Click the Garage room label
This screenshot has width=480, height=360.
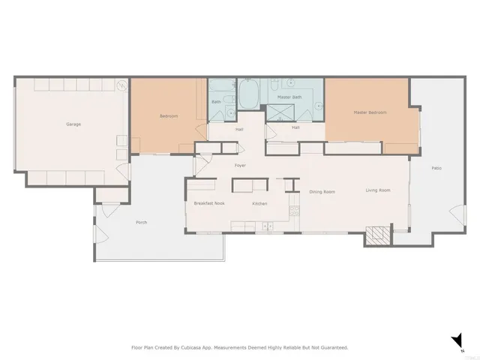click(73, 124)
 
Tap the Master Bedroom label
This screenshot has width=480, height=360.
click(370, 112)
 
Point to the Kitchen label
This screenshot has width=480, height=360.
click(259, 203)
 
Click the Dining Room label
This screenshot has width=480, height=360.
click(322, 191)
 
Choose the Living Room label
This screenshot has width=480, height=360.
click(377, 190)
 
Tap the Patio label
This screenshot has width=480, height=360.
click(436, 168)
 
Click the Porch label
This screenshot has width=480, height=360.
click(141, 223)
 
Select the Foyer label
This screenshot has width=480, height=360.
click(240, 165)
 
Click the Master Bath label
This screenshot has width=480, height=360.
click(289, 97)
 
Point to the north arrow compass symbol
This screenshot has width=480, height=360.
click(457, 342)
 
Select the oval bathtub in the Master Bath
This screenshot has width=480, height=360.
click(250, 96)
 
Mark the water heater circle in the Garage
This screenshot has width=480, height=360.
click(121, 85)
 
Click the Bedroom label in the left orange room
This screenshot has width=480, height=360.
click(169, 116)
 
